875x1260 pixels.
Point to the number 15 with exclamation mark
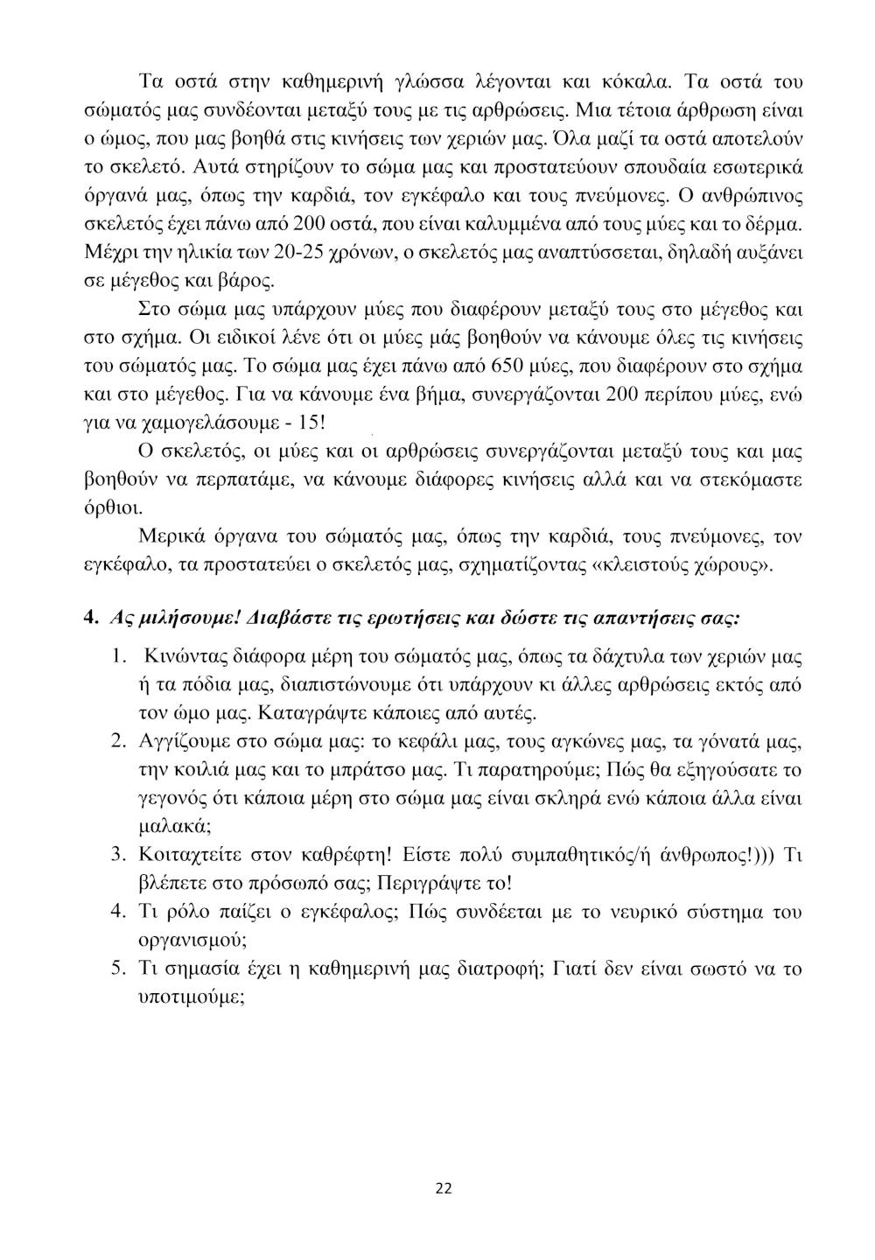click(x=311, y=423)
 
